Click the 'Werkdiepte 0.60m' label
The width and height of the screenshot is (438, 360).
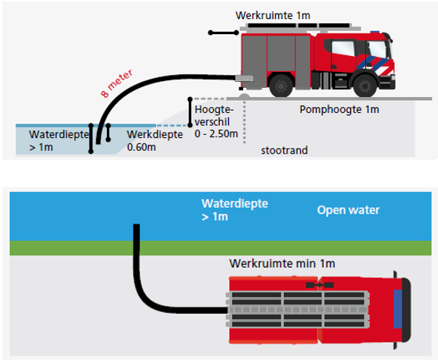154,140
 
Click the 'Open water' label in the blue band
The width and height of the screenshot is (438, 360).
348,210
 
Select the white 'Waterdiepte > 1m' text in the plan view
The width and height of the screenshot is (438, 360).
234,210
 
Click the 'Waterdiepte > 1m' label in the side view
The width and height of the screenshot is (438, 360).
52,140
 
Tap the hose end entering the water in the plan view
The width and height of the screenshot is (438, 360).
137,227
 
